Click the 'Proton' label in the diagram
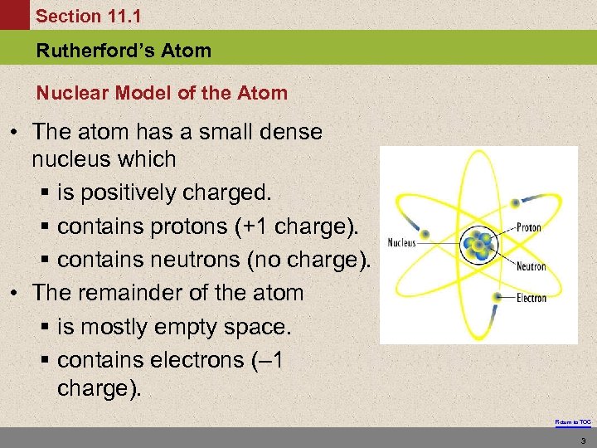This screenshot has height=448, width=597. pos(529,227)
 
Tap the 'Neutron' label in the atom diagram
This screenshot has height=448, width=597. pos(531,266)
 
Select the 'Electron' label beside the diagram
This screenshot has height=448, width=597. pos(530,297)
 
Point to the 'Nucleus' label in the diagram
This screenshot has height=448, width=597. pos(401,243)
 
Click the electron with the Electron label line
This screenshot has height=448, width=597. pos(497,296)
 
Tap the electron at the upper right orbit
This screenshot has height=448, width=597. pos(516,202)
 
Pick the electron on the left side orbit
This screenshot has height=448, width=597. pos(427,233)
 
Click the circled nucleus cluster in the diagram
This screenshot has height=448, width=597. pos(478,244)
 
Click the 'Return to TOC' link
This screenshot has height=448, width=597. pos(573,422)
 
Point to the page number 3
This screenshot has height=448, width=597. pos(584,440)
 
